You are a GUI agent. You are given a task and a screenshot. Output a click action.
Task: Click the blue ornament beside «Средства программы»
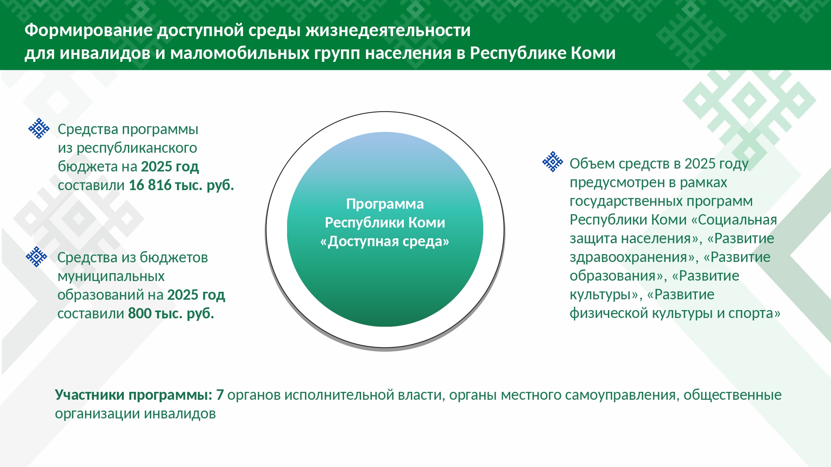(x=39, y=128)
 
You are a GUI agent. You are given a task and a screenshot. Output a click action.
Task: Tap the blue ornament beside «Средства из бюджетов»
(x=37, y=257)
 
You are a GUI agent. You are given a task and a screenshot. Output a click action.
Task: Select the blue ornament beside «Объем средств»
(x=553, y=161)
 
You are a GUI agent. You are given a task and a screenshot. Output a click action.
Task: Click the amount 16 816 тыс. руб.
(x=181, y=185)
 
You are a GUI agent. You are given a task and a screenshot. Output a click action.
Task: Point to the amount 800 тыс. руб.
(x=171, y=313)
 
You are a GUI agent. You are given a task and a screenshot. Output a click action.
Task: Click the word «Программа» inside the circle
(x=385, y=204)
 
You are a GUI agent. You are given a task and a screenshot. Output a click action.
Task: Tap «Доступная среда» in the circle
(x=385, y=241)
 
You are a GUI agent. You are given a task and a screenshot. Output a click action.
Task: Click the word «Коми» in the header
(x=593, y=53)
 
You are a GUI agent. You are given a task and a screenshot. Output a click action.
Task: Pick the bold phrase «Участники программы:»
(x=133, y=395)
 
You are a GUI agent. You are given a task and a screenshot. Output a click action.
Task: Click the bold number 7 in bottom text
(x=220, y=395)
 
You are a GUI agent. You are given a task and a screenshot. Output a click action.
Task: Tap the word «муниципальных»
(x=111, y=276)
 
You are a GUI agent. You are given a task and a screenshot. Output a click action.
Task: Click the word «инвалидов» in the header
(x=105, y=54)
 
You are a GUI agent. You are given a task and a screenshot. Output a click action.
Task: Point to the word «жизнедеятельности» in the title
(x=388, y=30)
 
